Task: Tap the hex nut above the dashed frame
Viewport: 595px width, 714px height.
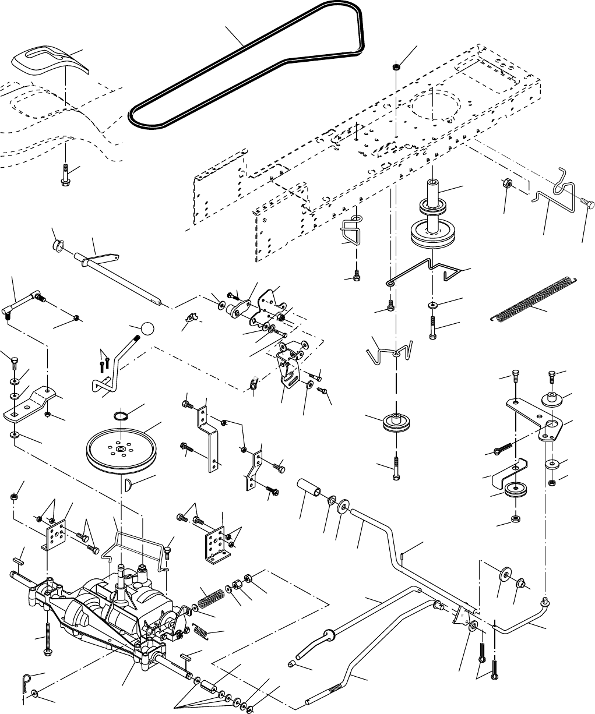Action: (396, 69)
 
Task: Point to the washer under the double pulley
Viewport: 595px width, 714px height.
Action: (433, 305)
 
